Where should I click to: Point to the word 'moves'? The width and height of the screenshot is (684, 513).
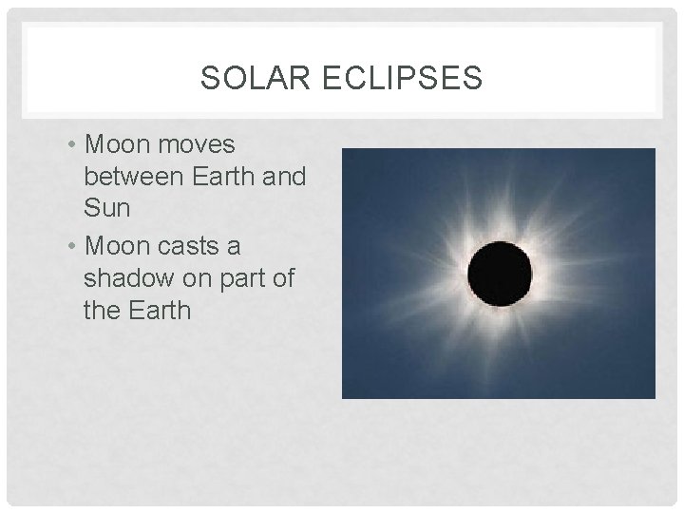(x=198, y=144)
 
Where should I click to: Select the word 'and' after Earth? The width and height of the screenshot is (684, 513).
(x=287, y=177)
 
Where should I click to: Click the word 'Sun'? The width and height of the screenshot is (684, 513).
(x=106, y=208)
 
